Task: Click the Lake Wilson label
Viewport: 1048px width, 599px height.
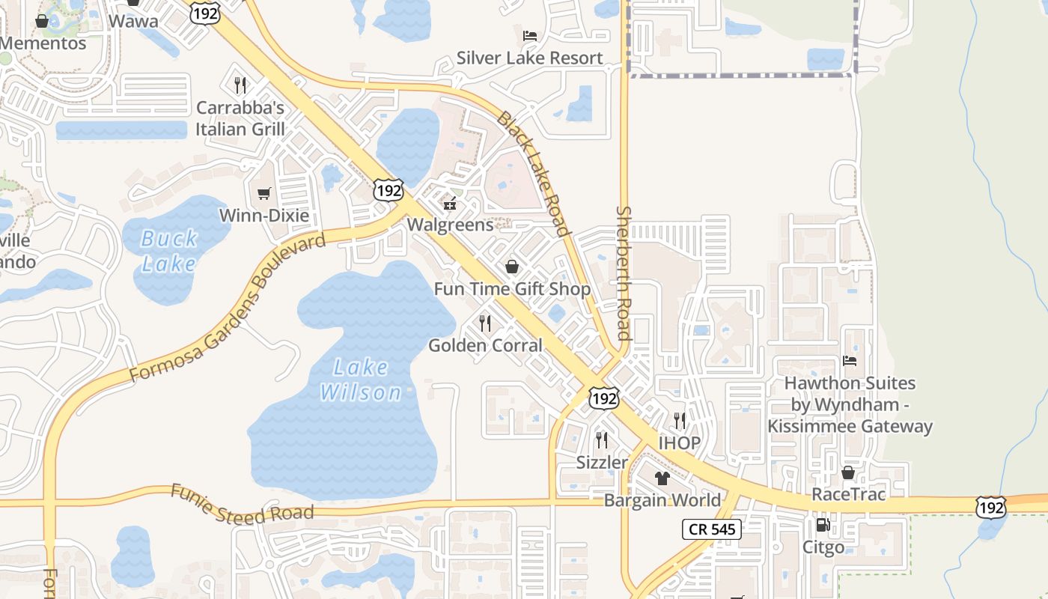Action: click(x=362, y=380)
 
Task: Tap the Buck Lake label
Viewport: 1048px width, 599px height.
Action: click(x=170, y=251)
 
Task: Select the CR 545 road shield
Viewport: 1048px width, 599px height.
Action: click(x=711, y=529)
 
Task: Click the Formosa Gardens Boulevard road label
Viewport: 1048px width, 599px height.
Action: click(x=228, y=308)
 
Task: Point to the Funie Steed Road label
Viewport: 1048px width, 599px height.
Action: click(x=242, y=505)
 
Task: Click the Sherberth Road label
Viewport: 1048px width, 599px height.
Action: click(x=624, y=273)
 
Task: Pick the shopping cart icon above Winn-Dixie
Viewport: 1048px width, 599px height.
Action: click(x=263, y=194)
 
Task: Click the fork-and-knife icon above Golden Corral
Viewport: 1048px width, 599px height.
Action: click(x=485, y=323)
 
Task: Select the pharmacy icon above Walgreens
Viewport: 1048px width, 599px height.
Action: click(x=451, y=203)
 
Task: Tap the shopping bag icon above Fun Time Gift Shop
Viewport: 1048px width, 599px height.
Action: click(x=512, y=267)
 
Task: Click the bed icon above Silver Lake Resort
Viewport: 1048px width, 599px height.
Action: click(x=529, y=35)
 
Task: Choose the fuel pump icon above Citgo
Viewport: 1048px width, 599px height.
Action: click(x=823, y=526)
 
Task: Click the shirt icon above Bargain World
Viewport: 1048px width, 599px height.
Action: click(x=662, y=478)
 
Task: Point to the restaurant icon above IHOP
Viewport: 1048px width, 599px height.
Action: click(x=679, y=421)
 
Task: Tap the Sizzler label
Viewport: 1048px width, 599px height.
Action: click(x=602, y=462)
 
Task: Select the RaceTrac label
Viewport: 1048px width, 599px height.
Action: click(x=848, y=494)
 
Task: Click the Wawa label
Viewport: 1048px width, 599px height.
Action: click(x=133, y=20)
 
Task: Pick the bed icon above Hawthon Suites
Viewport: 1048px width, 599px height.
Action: click(x=850, y=361)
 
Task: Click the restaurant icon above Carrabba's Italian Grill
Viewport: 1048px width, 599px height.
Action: click(x=240, y=85)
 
